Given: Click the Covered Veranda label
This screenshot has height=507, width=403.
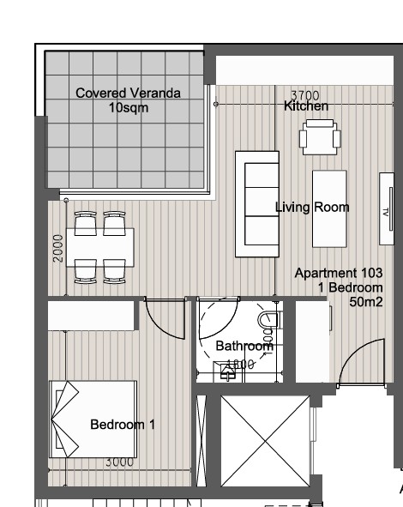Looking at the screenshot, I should (x=128, y=94).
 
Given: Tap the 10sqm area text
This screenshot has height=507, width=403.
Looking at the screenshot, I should (x=128, y=107).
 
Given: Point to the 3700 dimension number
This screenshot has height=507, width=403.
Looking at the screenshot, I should (x=304, y=95).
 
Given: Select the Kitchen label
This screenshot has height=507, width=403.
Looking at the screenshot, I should (x=306, y=106).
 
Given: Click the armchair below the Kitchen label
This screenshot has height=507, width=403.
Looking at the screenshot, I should (x=318, y=136).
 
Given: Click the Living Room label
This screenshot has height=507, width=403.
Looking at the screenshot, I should (x=311, y=207).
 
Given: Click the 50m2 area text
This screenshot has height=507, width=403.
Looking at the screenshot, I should (x=365, y=301).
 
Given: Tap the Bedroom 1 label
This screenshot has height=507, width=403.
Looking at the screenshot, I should (x=122, y=424).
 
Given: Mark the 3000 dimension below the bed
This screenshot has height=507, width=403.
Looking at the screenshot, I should (x=119, y=462).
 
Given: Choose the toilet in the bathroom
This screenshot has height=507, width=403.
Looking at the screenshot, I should (x=268, y=321).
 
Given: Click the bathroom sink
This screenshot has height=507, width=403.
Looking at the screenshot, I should (x=227, y=371).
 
